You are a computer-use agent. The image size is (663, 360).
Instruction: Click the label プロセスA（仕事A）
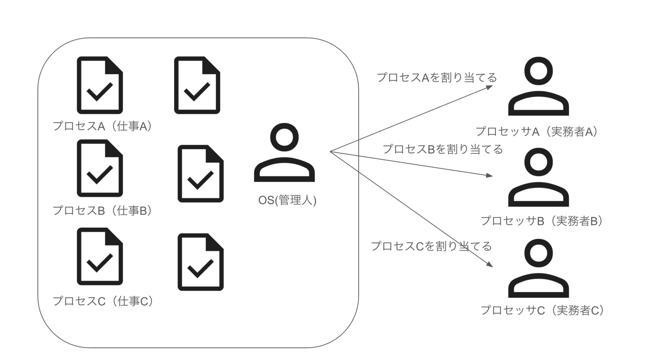coord(102,126)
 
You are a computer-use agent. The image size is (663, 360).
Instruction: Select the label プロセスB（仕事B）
coord(102,210)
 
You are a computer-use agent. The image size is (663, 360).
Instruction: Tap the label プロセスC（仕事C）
coord(103,301)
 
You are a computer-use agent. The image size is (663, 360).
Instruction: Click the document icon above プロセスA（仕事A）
coord(100,85)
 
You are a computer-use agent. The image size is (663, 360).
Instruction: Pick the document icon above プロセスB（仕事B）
coord(100,168)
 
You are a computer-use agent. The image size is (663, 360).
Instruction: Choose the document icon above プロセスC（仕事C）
coord(100,256)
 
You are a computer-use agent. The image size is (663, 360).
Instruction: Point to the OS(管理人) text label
coord(287,200)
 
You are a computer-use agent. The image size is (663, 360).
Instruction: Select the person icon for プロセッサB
coord(538,177)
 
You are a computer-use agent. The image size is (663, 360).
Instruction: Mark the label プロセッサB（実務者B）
coord(542,221)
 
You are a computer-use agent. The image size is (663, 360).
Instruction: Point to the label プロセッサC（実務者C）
coord(542,310)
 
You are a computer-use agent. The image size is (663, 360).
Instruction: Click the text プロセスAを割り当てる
coord(437,78)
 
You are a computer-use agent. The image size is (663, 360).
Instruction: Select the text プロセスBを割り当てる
coord(443,149)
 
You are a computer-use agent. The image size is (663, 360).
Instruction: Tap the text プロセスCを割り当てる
coord(431,246)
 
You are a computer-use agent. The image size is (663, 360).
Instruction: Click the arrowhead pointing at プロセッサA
coord(490,87)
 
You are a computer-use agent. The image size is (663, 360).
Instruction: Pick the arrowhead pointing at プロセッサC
coord(490,264)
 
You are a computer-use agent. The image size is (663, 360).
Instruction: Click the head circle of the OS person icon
coord(284,137)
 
